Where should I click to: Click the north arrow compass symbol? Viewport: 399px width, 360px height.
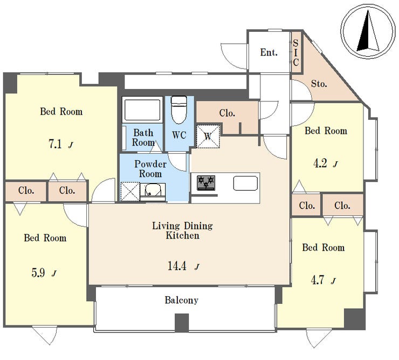(368, 31)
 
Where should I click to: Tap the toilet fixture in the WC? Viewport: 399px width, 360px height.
(179, 110)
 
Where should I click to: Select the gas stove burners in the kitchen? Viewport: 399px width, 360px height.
(206, 183)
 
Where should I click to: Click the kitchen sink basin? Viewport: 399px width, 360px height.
(245, 183)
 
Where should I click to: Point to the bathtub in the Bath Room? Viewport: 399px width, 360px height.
(142, 110)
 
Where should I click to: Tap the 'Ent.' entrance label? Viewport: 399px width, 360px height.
(269, 52)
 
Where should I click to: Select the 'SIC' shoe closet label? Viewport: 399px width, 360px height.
(295, 52)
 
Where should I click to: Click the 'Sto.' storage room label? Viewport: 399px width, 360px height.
(319, 84)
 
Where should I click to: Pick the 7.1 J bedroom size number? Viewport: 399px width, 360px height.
(60, 145)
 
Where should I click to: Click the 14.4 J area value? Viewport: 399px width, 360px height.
(183, 266)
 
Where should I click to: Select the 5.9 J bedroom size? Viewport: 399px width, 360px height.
(44, 273)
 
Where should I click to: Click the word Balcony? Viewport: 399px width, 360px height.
(181, 300)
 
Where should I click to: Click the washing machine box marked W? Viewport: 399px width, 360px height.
(208, 137)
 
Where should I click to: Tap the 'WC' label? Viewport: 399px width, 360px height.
(179, 135)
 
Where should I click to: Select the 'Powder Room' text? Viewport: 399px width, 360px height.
(150, 168)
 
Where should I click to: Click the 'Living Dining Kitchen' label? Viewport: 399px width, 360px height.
(182, 230)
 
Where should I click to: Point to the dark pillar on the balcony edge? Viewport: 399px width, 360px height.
(182, 322)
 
